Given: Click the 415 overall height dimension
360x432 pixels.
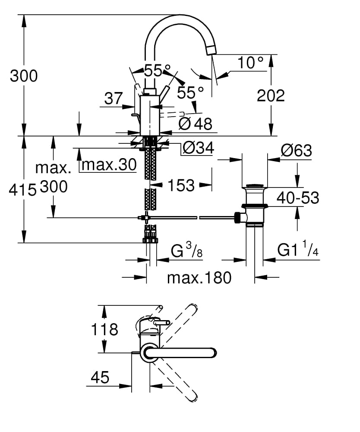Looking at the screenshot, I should [22, 189].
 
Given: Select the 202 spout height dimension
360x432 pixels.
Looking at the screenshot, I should [271, 95].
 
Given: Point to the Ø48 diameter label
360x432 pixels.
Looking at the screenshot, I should [196, 124].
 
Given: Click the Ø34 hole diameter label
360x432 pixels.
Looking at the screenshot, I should [198, 148].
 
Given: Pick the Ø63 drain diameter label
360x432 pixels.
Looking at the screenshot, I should [296, 150].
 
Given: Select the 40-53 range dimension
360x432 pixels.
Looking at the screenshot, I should [297, 198].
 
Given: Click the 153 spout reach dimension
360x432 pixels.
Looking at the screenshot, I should [181, 186].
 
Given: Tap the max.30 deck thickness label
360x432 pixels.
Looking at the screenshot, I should [109, 164].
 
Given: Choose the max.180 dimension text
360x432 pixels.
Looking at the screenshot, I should [199, 277].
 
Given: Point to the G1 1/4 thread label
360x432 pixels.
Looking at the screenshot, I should [298, 250].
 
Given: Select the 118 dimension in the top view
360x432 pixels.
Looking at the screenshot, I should [104, 330].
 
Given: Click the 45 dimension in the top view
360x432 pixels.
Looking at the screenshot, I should [100, 378].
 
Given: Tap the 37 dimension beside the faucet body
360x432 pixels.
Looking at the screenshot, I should [114, 98].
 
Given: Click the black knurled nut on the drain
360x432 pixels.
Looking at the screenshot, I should [237, 217].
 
